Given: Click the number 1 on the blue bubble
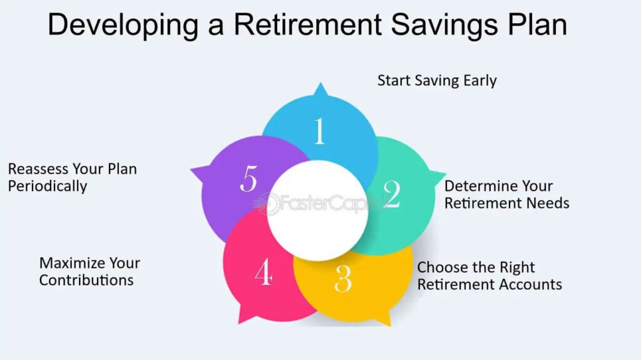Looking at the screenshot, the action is point(320,131).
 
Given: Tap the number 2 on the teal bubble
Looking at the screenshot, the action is point(392,194).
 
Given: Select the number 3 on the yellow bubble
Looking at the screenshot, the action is point(343,279).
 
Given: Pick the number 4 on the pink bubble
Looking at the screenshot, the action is point(264,271).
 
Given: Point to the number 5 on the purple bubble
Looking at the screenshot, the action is point(249,178).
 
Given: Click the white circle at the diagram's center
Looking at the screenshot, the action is point(318,210).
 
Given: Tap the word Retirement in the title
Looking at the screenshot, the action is point(307,24).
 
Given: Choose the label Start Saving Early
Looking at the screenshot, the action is point(437,81).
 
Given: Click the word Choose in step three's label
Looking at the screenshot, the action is point(442,267).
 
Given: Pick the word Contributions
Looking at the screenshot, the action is point(86,280).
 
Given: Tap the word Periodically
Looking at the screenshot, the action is point(48,187).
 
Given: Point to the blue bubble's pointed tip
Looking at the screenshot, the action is point(321,83).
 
